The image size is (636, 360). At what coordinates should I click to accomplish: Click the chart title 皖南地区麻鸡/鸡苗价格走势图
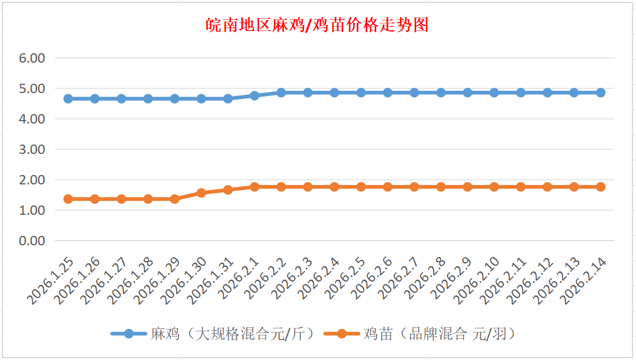(317, 25)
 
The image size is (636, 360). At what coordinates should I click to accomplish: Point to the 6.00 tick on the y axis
(33, 58)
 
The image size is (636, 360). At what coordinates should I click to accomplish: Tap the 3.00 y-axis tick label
(33, 149)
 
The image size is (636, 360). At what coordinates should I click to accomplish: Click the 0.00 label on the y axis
(33, 241)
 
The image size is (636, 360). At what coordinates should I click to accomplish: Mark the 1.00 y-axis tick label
(33, 210)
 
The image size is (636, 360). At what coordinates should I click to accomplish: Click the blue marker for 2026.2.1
(255, 95)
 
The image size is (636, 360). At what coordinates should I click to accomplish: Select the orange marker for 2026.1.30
(201, 193)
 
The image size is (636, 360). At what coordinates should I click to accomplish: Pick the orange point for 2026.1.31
(228, 190)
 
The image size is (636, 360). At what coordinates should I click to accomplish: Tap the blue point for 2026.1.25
(68, 98)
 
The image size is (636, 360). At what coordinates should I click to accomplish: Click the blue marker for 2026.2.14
(600, 92)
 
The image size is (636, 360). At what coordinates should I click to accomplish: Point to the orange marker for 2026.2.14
(600, 187)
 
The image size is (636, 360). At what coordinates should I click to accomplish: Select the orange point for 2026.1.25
(68, 199)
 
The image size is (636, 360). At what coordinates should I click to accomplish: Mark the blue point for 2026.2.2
(281, 92)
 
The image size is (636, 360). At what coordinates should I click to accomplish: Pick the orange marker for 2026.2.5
(361, 187)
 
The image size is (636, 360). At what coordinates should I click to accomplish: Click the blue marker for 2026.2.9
(467, 92)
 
